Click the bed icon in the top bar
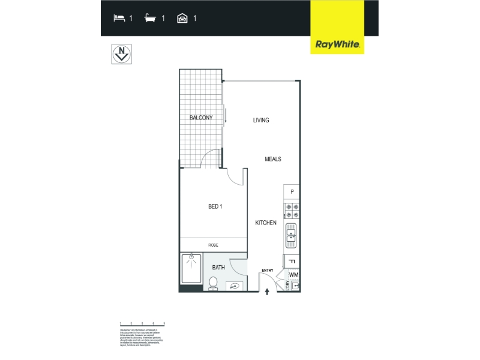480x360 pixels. coord(119,18)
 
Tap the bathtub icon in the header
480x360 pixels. coord(151,18)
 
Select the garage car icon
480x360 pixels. coord(182,18)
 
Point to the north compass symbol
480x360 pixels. coord(122,53)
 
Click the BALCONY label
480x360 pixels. coord(201,118)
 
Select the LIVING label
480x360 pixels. coord(261,120)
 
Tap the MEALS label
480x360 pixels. coord(273,159)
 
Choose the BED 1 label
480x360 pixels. coord(215,207)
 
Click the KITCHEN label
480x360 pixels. coord(266,223)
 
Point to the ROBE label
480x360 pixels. coord(213,245)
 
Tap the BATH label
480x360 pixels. coord(218,268)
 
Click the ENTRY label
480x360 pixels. coord(268,271)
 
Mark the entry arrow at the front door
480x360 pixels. coord(268,292)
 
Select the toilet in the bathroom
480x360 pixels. coord(213,283)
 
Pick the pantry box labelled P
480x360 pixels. coord(292,192)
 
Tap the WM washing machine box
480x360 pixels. coord(293,275)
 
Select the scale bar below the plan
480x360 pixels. coord(142,323)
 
